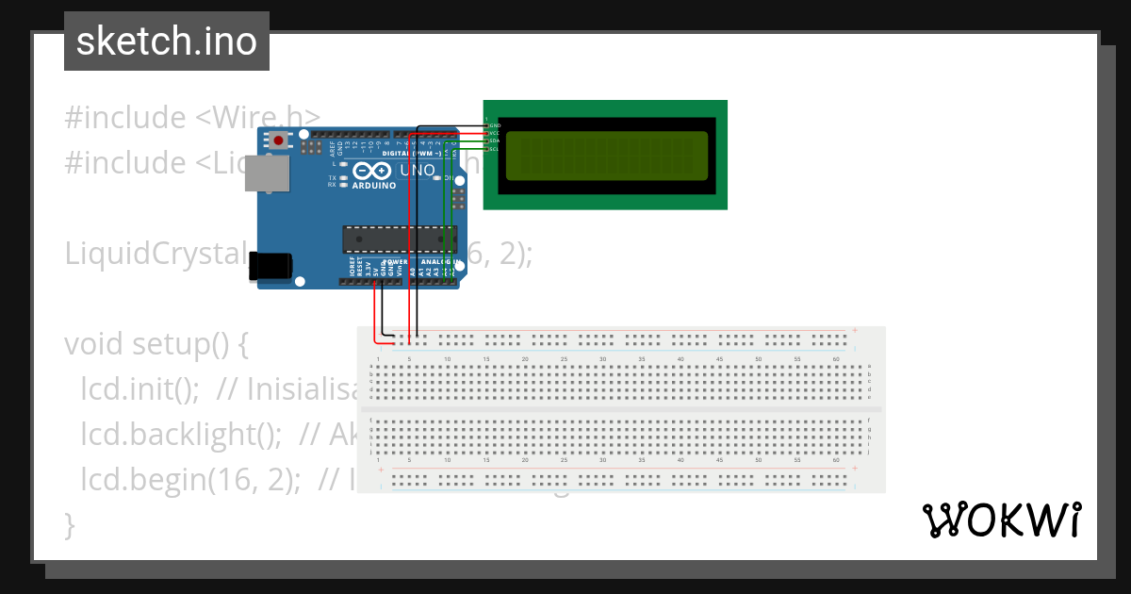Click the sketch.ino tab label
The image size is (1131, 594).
167,41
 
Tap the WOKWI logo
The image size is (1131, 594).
1001,520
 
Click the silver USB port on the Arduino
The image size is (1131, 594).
273,174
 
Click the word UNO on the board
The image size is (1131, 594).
418,172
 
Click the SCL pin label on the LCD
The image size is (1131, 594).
494,148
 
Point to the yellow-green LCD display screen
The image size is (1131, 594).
606,156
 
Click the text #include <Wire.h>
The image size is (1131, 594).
192,118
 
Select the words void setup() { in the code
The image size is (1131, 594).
156,344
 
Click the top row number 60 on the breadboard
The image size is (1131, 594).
836,359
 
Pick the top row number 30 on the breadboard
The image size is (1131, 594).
602,359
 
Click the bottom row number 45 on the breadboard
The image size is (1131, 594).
719,461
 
